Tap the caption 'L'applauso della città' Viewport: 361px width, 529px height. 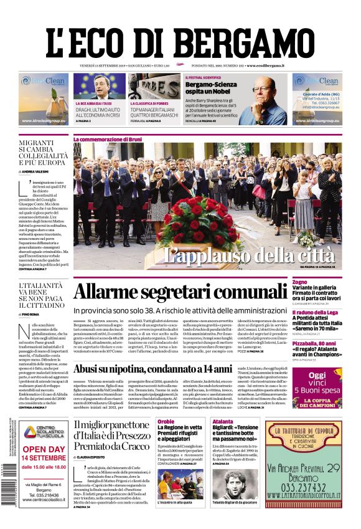click(249, 255)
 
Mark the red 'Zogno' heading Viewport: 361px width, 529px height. click(299, 282)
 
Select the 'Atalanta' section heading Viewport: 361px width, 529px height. click(222, 422)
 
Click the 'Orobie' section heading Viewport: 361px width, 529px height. click(166, 422)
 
